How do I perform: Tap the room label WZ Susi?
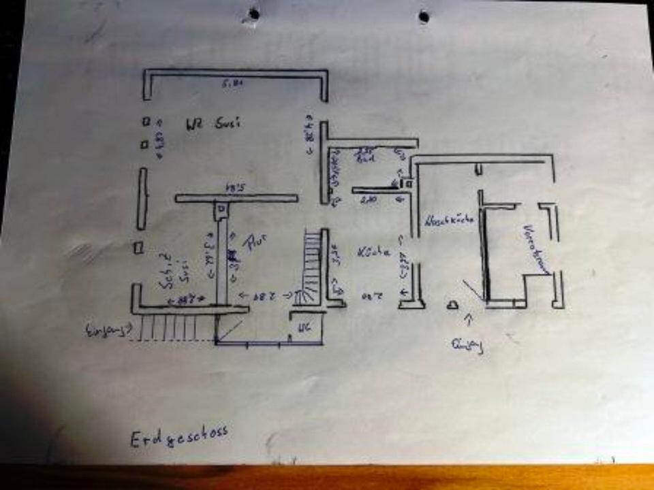coord(214,124)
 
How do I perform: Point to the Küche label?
coord(373,252)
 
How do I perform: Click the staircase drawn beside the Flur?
coord(311,265)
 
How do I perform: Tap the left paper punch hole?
coord(254,13)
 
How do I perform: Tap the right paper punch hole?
coord(424,16)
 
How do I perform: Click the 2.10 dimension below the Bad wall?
coord(368,199)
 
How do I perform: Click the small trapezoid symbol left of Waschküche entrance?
coord(451,306)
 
